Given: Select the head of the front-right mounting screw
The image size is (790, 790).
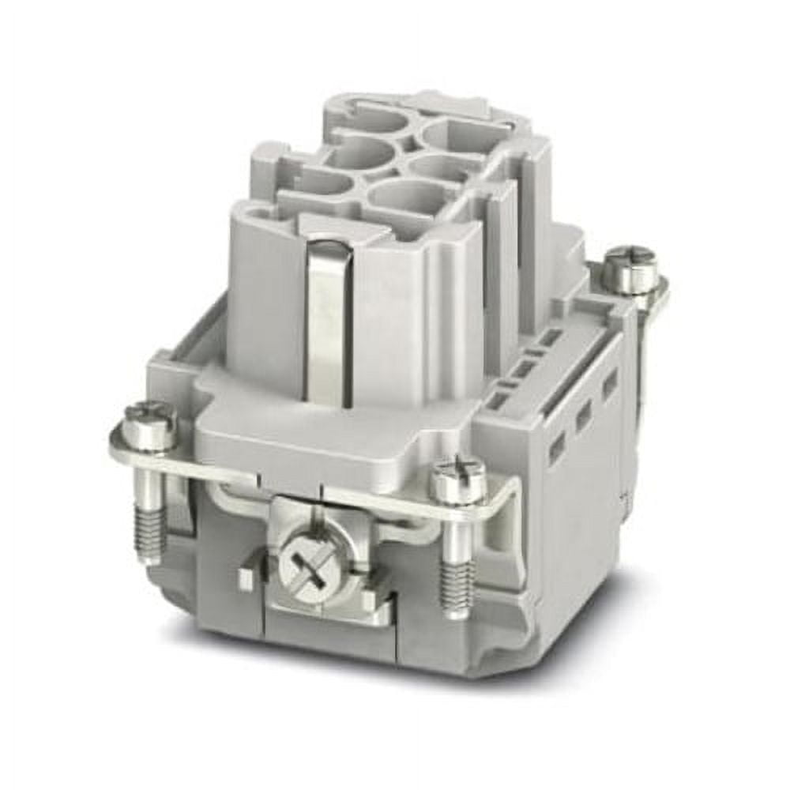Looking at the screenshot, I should click(x=457, y=480).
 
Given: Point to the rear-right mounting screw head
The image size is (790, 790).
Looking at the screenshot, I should click(x=630, y=269).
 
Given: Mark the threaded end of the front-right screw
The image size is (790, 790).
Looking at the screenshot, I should click(x=457, y=585).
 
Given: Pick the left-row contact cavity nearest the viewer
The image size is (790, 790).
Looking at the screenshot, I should click(x=320, y=183).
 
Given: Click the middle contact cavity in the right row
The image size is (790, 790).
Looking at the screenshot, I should click(x=438, y=166).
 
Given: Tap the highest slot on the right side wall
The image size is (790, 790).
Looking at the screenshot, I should click(x=610, y=384).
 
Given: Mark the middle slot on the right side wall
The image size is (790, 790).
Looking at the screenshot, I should click(x=585, y=415).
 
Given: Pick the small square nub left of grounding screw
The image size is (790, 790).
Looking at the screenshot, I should click(x=245, y=579).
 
